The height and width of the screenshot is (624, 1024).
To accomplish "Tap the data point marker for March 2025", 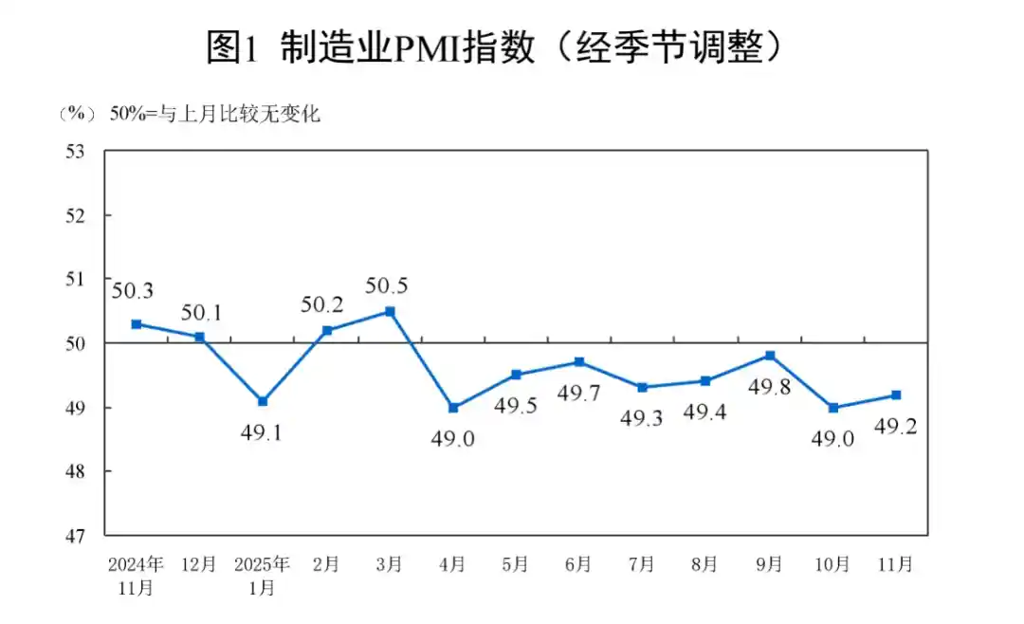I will click(x=390, y=311).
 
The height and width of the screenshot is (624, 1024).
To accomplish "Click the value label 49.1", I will click(x=262, y=433).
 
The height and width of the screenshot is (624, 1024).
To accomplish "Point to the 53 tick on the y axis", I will click(x=76, y=151).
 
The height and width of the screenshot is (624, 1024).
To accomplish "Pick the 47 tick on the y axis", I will click(x=76, y=535).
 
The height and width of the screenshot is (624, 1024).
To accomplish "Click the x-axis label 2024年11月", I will click(x=136, y=575).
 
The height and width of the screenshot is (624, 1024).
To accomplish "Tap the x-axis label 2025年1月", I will click(x=262, y=575).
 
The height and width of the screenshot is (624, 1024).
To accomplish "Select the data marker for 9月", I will click(x=770, y=356).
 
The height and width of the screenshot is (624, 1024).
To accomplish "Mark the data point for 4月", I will click(x=453, y=408).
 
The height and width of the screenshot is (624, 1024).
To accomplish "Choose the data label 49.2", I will click(x=894, y=428).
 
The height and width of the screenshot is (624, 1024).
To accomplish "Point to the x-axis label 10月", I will click(x=832, y=564).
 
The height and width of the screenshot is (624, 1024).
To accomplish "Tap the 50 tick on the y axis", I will click(x=76, y=343).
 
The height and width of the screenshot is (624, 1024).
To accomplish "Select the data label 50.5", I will click(x=389, y=284).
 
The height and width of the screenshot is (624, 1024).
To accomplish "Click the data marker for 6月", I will click(x=579, y=362).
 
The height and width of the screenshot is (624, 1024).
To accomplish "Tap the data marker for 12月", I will click(x=199, y=337).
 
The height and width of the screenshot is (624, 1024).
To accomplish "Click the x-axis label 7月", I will click(x=642, y=564).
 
